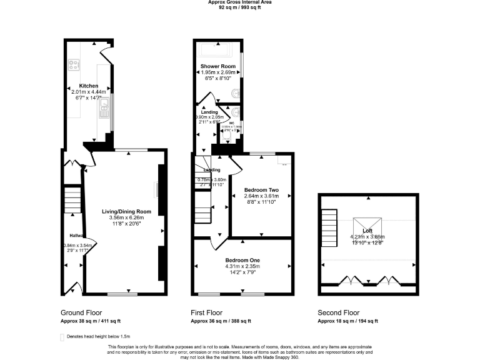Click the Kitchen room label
(x=88, y=86)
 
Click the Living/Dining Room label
(x=127, y=211)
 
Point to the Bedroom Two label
(x=261, y=190)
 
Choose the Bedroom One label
(x=243, y=260)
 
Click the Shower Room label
(x=217, y=66)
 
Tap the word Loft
(x=367, y=231)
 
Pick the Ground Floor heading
(x=81, y=312)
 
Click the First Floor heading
(x=206, y=312)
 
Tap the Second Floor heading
(x=339, y=312)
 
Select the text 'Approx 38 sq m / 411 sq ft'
(x=90, y=321)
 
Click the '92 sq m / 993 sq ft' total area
(x=240, y=7)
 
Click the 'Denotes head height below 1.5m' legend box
(x=62, y=337)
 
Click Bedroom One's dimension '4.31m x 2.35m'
(x=243, y=266)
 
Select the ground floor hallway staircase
(x=74, y=200)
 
